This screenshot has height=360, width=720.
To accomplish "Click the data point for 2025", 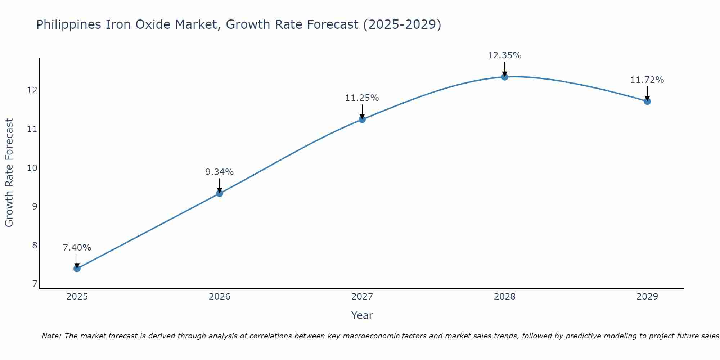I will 77,269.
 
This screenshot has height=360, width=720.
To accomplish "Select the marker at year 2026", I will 219,193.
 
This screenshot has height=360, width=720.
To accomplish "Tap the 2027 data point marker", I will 362,120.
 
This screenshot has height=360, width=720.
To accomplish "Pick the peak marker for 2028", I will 504,77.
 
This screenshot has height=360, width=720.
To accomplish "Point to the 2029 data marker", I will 647,101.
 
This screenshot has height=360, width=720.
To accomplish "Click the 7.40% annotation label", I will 77,248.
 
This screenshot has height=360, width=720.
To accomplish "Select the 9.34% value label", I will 219,172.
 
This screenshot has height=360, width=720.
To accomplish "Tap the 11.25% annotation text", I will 362,98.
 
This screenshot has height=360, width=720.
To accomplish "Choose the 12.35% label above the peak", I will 504,55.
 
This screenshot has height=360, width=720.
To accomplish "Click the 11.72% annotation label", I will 647,80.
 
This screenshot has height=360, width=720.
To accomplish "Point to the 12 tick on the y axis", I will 32,90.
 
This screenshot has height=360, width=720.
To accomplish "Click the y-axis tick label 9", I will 35,207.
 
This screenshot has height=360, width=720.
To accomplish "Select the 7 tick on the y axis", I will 35,284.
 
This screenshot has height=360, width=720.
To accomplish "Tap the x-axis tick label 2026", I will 219,297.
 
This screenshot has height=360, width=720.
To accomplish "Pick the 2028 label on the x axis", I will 504,297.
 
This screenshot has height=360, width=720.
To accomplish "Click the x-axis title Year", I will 362,315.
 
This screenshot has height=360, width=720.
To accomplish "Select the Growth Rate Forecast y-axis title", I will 9,173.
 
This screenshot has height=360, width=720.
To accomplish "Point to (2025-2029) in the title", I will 402,24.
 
